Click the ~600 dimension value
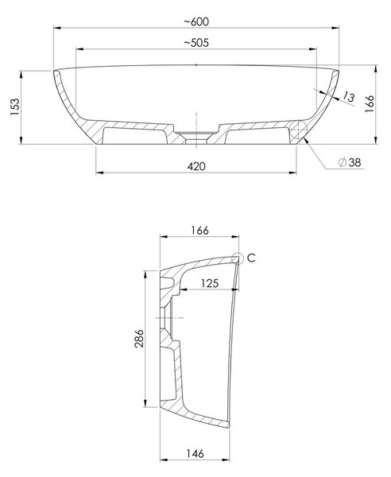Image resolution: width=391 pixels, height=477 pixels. pyautogui.click(x=196, y=21)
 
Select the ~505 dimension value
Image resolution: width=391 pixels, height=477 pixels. pyautogui.click(x=196, y=43)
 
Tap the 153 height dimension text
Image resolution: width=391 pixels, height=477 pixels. pyautogui.click(x=15, y=107)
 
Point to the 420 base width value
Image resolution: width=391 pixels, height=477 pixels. pyautogui.click(x=196, y=166)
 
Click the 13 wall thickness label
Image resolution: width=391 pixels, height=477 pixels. pyautogui.click(x=348, y=97)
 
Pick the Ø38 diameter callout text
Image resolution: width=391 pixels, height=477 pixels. pyautogui.click(x=350, y=162)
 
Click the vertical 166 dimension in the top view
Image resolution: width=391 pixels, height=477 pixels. pyautogui.click(x=370, y=103)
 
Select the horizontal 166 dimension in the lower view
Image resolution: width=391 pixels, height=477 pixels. pyautogui.click(x=199, y=231)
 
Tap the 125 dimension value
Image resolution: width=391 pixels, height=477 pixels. pyautogui.click(x=210, y=283)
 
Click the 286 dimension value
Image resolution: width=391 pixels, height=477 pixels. pyautogui.click(x=139, y=339)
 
